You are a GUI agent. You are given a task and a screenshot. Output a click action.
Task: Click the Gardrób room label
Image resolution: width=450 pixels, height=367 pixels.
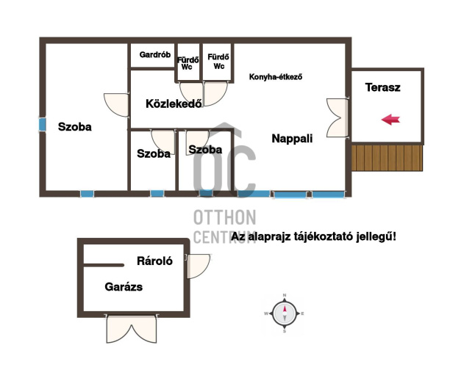(x=155, y=54)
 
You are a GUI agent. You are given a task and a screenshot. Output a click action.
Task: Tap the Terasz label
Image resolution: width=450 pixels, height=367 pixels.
(x=382, y=87)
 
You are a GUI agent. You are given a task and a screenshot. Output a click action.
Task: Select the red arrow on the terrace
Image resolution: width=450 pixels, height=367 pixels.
(x=390, y=120)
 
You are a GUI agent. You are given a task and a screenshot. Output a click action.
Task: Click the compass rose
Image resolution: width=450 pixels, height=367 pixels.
(x=285, y=313)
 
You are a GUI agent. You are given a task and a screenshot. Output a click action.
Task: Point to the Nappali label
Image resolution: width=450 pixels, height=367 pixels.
(x=292, y=139)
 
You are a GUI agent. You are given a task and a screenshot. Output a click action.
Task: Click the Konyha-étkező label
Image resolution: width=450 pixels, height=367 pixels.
(x=276, y=77)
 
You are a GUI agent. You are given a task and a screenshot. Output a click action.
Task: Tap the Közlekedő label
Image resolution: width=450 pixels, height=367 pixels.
(x=174, y=103)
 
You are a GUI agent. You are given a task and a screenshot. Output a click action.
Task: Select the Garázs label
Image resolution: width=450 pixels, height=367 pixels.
(x=124, y=286)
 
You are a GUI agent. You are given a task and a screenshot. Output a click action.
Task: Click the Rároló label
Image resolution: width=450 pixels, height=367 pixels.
(x=154, y=261)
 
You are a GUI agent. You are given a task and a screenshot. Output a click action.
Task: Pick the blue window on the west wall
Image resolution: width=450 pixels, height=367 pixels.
(x=42, y=125)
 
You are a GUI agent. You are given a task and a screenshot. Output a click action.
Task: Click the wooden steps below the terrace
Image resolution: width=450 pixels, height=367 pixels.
(x=387, y=158)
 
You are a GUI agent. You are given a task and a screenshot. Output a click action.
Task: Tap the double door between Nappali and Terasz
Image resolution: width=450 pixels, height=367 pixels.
(x=338, y=117)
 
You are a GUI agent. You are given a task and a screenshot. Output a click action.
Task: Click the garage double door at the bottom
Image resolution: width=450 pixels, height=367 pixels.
(x=132, y=329)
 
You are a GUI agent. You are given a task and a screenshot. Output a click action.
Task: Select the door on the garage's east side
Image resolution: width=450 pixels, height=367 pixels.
(x=198, y=266)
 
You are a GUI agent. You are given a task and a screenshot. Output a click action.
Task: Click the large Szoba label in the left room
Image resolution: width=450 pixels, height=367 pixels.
(x=74, y=127)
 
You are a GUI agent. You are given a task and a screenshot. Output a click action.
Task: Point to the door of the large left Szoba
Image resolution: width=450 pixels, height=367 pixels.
(x=116, y=104)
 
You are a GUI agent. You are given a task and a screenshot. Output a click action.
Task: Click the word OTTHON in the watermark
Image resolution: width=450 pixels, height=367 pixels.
(x=225, y=217)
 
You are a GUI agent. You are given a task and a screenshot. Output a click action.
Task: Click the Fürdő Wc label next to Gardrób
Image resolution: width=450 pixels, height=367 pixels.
(x=187, y=64)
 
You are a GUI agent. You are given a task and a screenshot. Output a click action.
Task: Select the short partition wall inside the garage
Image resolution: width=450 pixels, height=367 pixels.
(x=104, y=265)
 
